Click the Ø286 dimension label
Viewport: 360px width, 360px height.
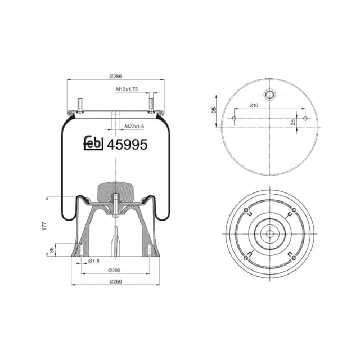(x=115, y=76)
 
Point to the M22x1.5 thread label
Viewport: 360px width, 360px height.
(x=134, y=127)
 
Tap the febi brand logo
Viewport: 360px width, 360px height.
(x=94, y=144)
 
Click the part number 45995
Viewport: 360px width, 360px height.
(x=128, y=145)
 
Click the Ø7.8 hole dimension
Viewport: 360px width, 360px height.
(x=94, y=260)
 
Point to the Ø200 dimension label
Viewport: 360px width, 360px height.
(x=115, y=271)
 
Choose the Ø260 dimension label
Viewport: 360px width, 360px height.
(x=115, y=281)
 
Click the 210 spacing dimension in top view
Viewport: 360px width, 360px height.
(x=269, y=105)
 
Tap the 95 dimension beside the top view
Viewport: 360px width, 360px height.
(x=214, y=110)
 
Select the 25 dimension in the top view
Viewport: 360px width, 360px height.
(x=294, y=121)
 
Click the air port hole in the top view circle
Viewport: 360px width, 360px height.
(x=269, y=94)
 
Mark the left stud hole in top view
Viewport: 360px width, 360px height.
(x=233, y=118)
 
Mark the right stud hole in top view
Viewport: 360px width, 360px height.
(x=305, y=118)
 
